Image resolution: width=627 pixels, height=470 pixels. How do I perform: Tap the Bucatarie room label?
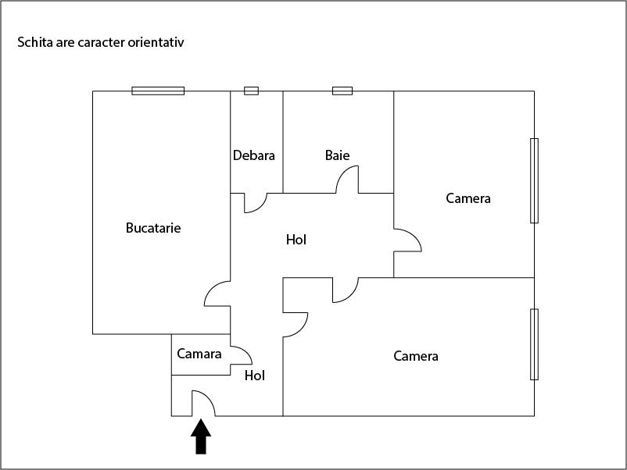(153, 228)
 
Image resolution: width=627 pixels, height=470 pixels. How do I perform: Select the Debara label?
(254, 155)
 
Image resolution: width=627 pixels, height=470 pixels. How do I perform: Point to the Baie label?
(337, 155)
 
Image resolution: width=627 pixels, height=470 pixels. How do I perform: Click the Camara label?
(199, 354)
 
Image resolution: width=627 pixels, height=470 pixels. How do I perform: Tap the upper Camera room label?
(468, 198)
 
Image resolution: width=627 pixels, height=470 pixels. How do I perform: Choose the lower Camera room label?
(416, 356)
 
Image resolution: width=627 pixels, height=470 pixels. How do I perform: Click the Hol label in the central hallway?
(296, 240)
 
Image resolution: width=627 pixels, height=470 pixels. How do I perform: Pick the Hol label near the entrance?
(255, 376)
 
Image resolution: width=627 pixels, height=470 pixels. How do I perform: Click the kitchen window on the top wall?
(158, 91)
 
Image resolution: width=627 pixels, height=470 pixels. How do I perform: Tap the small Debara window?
(251, 91)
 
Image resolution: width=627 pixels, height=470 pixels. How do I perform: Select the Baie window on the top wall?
(342, 91)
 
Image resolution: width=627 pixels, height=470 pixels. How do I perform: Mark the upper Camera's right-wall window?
(534, 180)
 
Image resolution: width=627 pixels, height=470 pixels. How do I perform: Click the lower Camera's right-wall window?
(534, 344)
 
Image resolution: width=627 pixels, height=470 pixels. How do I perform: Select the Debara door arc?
(255, 203)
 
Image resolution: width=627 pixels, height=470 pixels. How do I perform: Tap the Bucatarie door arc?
(217, 294)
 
